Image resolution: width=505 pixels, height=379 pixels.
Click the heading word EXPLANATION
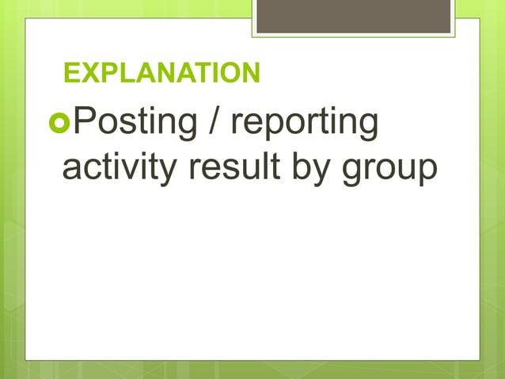point(161,75)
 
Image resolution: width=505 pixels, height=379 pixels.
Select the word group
point(388,170)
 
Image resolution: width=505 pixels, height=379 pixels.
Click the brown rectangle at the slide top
point(354,16)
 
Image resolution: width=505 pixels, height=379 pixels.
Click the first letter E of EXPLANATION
point(72,75)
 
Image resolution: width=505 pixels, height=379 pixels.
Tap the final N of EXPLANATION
point(250,75)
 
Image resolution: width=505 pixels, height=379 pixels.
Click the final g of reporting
point(366,128)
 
